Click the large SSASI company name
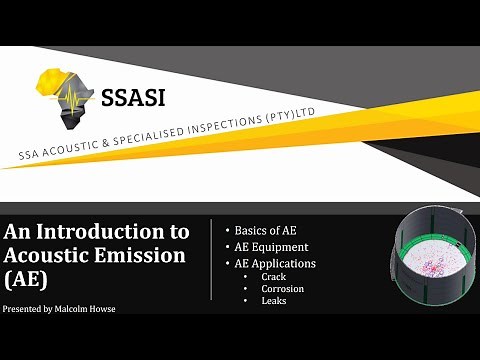click(132, 97)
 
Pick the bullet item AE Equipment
click(273, 246)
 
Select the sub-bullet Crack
click(274, 276)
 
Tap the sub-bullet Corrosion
click(282, 288)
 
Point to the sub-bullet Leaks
click(274, 300)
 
